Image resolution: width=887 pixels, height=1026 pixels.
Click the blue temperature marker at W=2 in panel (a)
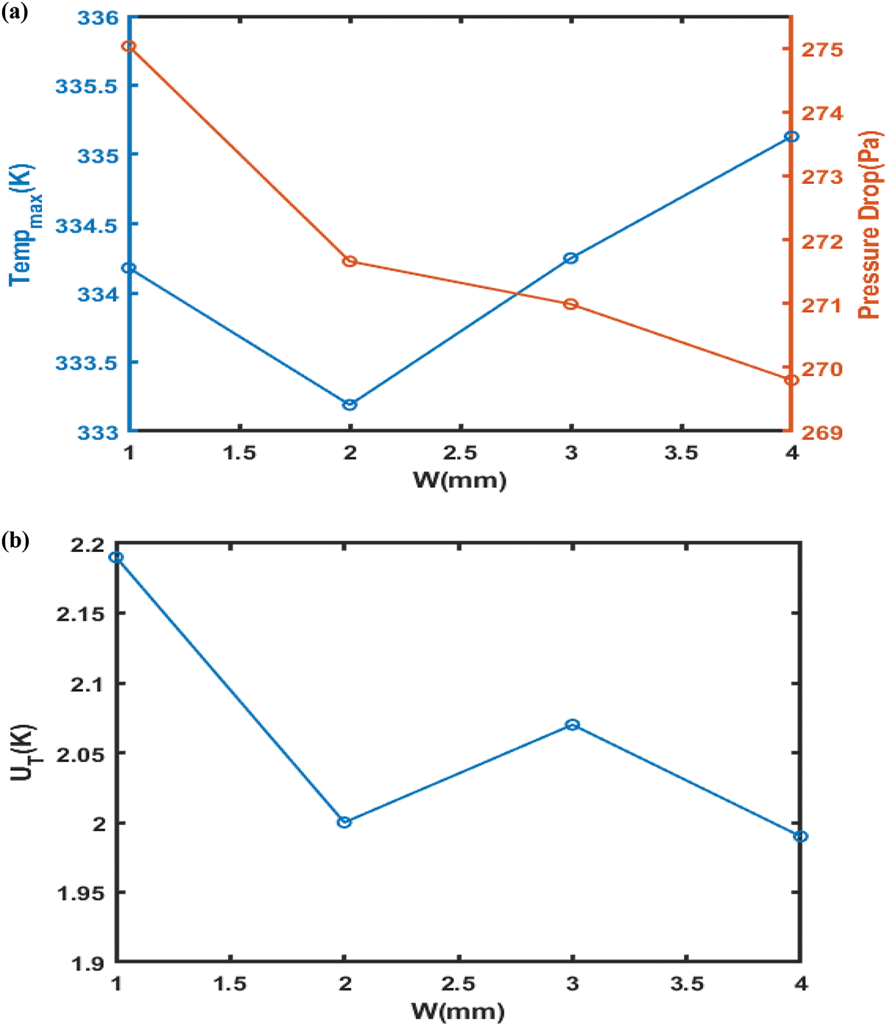point(350,405)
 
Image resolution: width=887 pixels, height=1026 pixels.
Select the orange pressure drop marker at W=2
point(350,261)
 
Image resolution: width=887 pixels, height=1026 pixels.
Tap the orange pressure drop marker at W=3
point(570,304)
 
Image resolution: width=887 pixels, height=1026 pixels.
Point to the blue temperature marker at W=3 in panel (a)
point(570,258)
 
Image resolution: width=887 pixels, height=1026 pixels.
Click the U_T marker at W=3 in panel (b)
point(573,725)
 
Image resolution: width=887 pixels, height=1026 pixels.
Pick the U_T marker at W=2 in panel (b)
point(344,822)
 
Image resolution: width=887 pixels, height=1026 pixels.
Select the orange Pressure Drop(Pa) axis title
point(869,224)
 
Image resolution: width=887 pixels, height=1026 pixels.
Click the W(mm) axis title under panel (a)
point(459,481)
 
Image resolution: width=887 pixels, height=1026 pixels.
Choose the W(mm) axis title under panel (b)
point(457,1011)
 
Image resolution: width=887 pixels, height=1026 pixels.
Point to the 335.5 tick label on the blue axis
point(85,87)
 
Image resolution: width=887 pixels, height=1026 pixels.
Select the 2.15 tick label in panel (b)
point(79,614)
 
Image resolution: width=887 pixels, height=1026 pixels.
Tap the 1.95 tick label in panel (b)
point(79,893)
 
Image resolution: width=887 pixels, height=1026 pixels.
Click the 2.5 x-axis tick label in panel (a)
point(460,453)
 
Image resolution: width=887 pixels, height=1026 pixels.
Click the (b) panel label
point(15,542)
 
